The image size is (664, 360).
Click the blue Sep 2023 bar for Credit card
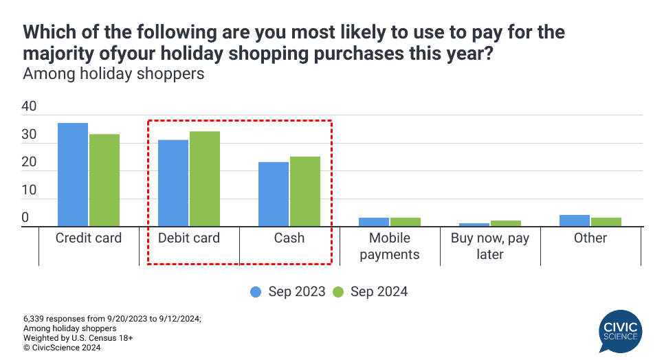[x=73, y=175]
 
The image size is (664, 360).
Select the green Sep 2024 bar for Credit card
[x=104, y=180]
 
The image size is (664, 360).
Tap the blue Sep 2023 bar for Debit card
[x=173, y=183]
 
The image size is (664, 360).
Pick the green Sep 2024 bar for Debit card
[x=205, y=179]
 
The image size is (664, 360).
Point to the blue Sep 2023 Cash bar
[x=274, y=194]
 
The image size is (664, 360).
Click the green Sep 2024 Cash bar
[x=305, y=192]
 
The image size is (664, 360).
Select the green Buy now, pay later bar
[x=506, y=223]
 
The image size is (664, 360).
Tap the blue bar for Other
[x=575, y=221]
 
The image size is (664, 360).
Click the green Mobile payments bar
[x=406, y=222]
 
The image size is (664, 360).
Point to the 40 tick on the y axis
[x=29, y=106]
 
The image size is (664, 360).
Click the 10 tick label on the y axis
[x=29, y=190]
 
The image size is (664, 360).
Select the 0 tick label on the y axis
[x=25, y=217]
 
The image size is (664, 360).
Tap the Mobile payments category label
[x=390, y=246]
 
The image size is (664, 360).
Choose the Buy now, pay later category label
[x=490, y=246]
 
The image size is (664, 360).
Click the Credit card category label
[x=89, y=238]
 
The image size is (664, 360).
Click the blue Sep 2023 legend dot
[x=256, y=292]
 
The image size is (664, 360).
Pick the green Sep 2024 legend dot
[x=338, y=292]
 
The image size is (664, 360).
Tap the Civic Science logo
[x=621, y=332]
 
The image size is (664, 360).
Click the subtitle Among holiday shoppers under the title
[x=113, y=74]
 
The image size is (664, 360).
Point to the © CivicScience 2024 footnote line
[x=62, y=348]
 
